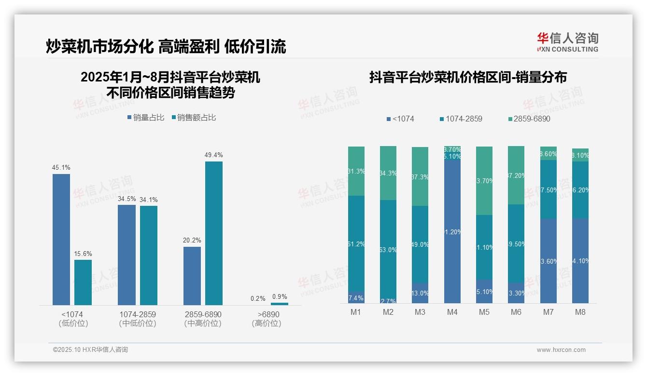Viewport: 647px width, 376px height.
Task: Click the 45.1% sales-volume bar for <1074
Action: click(61, 239)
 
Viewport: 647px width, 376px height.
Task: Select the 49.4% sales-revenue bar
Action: click(214, 233)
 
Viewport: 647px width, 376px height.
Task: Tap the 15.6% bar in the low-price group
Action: click(83, 282)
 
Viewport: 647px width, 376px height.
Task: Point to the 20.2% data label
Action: click(192, 240)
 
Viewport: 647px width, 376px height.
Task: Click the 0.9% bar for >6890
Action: click(280, 304)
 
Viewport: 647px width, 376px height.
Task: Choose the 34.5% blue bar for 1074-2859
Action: click(127, 255)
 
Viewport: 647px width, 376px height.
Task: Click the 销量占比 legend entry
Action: click(146, 118)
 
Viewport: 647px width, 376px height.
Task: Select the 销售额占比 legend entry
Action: click(194, 118)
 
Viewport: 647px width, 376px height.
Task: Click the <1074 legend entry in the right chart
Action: click(400, 119)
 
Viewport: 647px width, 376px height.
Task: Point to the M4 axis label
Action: click(452, 312)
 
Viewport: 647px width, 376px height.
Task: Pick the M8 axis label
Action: click(580, 312)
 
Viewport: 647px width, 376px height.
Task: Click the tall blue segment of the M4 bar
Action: click(452, 231)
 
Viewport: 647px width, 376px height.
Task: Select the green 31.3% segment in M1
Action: click(356, 171)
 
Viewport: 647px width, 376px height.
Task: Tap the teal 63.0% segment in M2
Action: click(388, 249)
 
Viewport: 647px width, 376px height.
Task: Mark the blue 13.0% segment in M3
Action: click(420, 293)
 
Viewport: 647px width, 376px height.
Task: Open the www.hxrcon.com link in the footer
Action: click(561, 350)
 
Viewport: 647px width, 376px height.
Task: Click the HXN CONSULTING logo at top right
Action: click(567, 42)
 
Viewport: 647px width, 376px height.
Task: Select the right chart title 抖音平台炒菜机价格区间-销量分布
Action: click(468, 78)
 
